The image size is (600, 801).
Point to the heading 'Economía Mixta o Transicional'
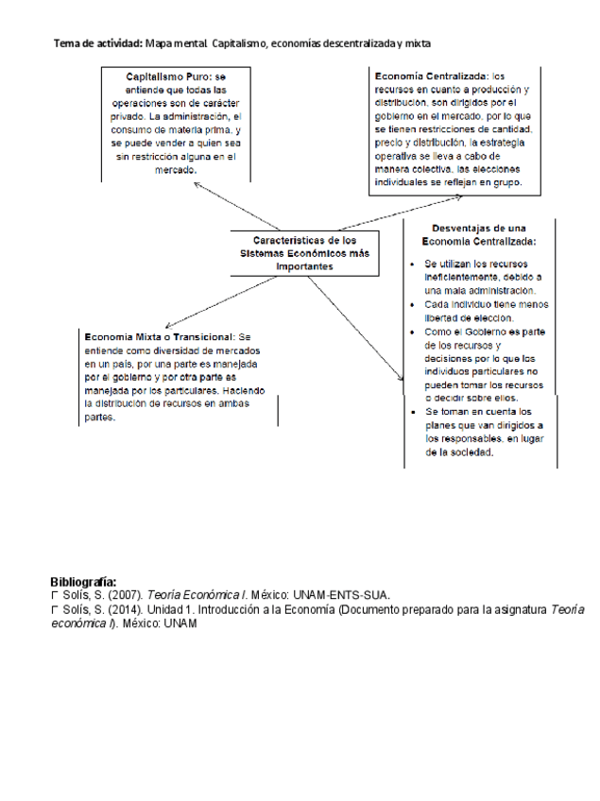click(159, 336)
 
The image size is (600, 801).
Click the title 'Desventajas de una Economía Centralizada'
click(478, 234)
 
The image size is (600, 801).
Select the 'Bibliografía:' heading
click(83, 582)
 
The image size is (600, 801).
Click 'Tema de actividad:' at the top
click(98, 43)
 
